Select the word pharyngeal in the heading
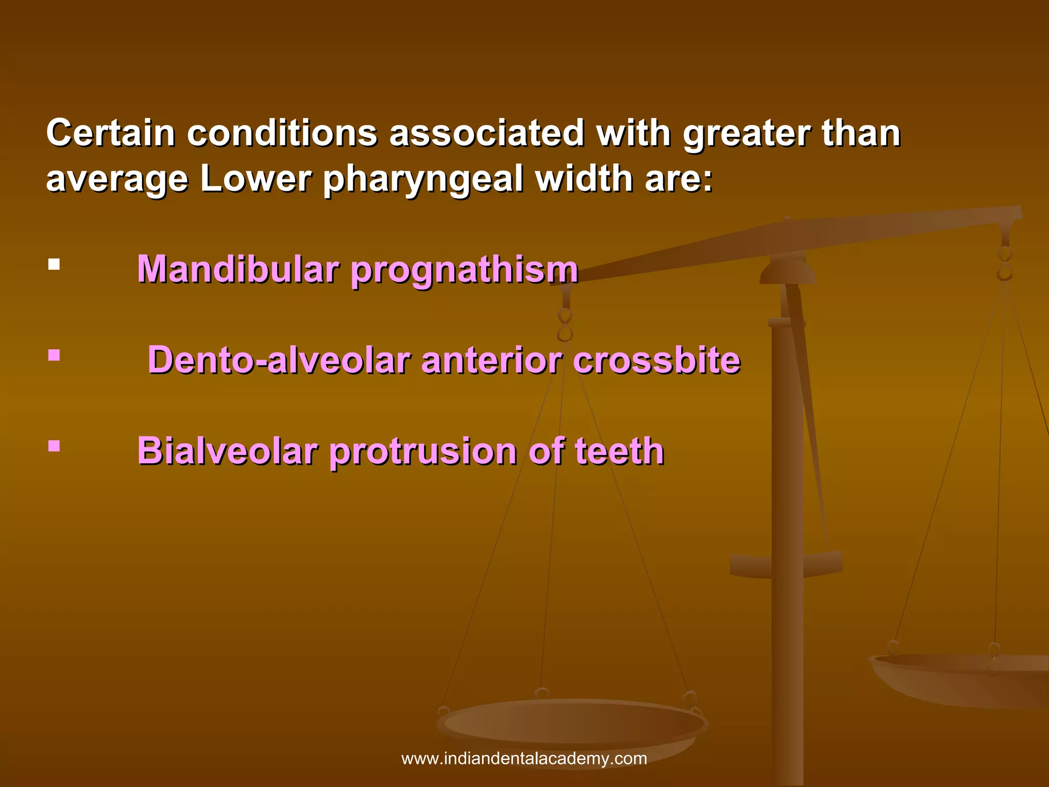point(423,179)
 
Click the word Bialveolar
point(227,451)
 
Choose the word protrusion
point(423,452)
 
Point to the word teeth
point(619,451)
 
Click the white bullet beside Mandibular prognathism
point(54,264)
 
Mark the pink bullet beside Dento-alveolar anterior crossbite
point(54,355)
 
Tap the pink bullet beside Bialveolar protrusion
point(54,446)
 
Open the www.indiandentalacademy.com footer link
point(524,758)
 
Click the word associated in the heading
point(487,133)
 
